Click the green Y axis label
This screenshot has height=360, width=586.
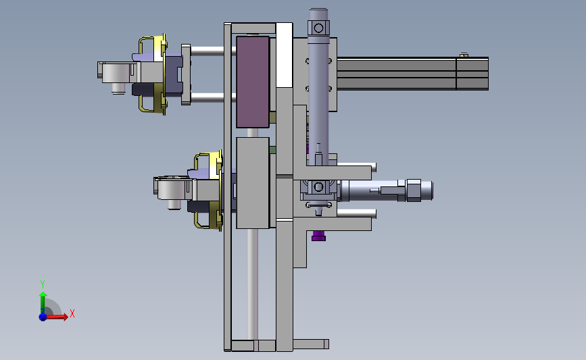coord(42,284)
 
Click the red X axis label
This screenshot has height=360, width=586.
coord(72,313)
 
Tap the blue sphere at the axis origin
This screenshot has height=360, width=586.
coord(43,317)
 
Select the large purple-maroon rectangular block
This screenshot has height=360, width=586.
coord(253,82)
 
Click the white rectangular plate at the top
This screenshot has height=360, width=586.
coord(284,55)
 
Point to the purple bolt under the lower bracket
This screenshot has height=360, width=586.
coord(318,236)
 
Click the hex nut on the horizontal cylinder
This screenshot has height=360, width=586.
coord(413,190)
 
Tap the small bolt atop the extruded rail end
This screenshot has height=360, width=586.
coord(464,55)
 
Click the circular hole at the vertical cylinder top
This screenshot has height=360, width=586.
coord(318,28)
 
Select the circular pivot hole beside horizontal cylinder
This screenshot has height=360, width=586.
coord(318,186)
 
